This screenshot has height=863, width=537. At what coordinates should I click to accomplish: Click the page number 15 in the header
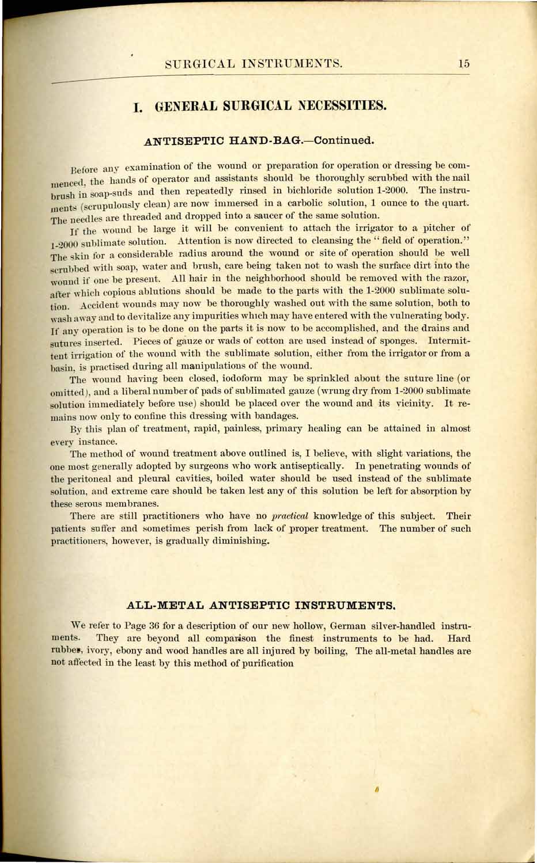(464, 64)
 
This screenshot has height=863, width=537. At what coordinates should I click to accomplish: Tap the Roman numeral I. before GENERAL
(138, 107)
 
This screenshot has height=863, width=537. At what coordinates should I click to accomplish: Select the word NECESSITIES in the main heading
(341, 107)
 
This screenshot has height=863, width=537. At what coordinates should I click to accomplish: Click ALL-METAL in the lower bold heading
(161, 605)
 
